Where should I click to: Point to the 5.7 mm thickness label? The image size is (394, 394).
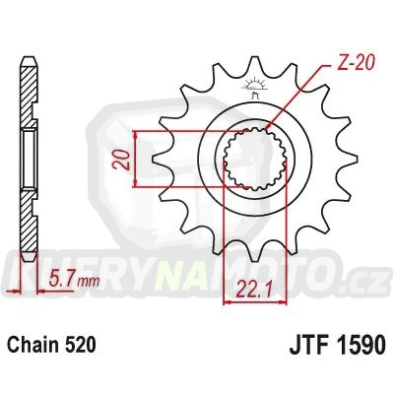pos(70,283)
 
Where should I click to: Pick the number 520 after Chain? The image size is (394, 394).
pos(84,346)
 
